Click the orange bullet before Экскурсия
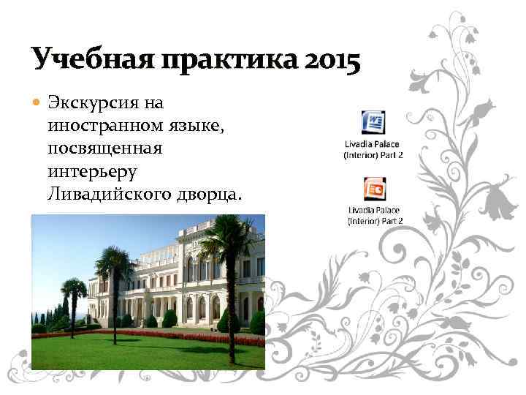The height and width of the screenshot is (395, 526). [x=37, y=100]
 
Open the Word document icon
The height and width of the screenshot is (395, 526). [x=373, y=122]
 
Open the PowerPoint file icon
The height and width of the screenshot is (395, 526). [x=374, y=189]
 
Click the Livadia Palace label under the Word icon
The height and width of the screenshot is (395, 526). [x=373, y=150]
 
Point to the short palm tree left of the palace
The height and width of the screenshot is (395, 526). [x=75, y=293]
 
